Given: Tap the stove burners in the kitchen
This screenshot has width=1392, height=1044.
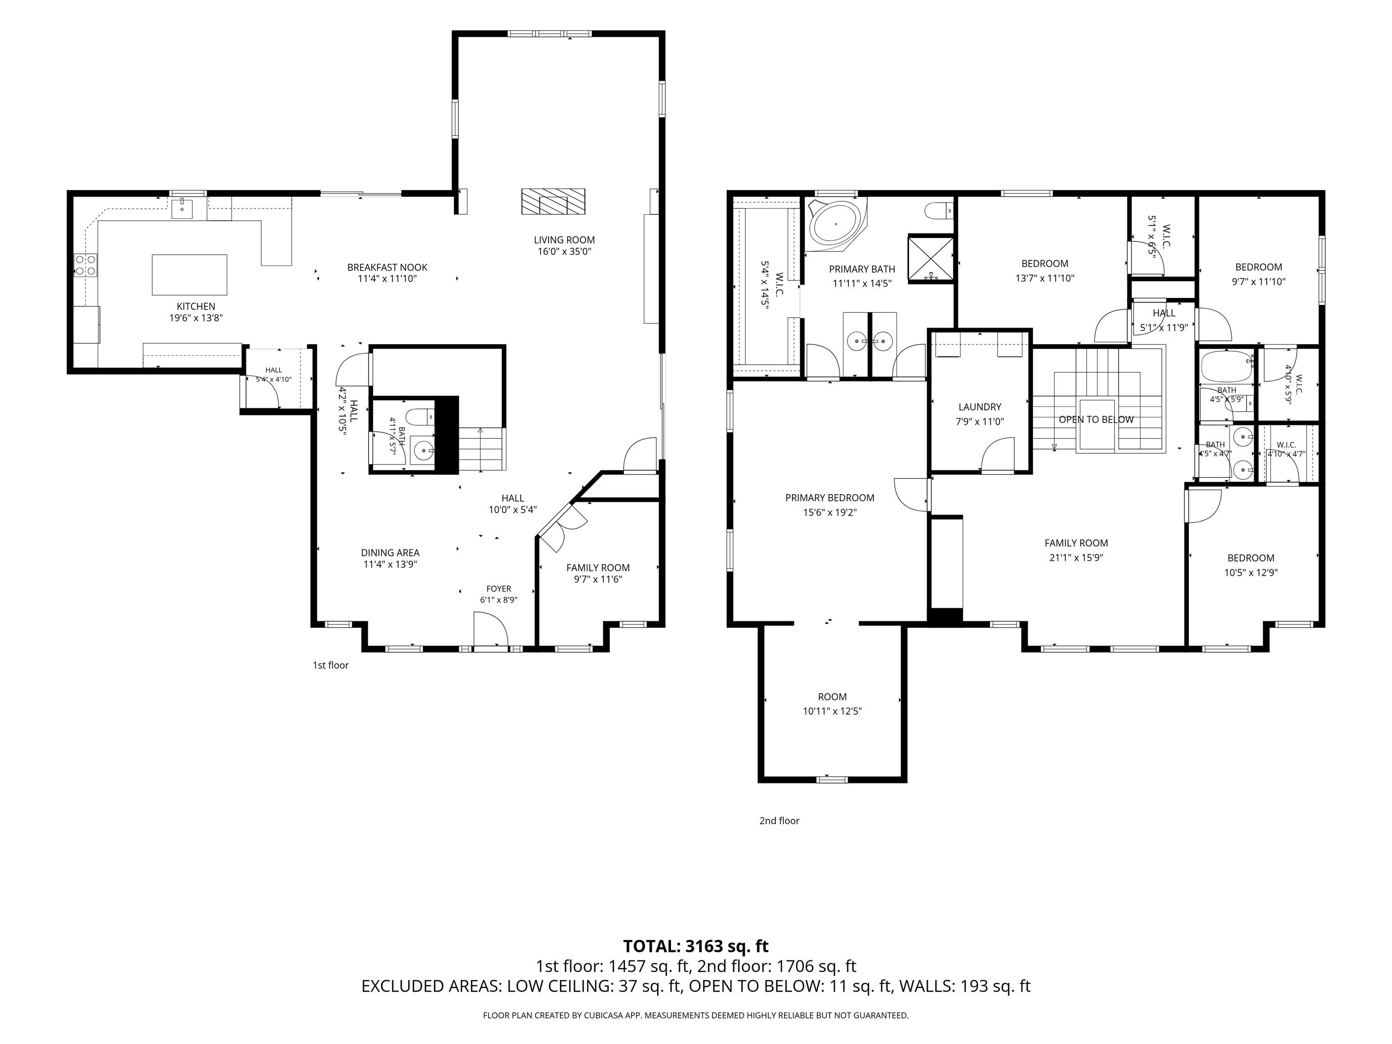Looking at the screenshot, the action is click(85, 265).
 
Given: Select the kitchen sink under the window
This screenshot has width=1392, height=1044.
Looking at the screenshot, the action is click(182, 208).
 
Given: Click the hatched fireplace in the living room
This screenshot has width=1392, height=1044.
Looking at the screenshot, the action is click(553, 201).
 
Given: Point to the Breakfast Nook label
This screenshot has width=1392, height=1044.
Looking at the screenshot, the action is click(387, 267).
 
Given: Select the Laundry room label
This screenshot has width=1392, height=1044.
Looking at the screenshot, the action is click(980, 407).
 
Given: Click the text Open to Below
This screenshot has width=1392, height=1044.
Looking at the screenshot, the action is click(1096, 420).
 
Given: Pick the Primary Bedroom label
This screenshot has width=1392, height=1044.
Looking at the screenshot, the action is click(830, 498).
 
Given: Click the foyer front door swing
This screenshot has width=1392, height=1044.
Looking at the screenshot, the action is click(491, 629).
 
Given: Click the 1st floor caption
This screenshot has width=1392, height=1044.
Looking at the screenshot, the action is click(330, 665).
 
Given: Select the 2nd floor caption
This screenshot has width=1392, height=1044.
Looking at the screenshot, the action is click(779, 821).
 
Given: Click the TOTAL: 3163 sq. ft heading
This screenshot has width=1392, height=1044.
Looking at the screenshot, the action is click(696, 947).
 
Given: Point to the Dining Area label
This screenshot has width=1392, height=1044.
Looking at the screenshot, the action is click(390, 553).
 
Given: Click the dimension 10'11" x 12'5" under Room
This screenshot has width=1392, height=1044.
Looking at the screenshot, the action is click(832, 711).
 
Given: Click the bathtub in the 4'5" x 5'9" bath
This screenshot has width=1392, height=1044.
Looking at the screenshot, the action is click(1226, 367).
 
